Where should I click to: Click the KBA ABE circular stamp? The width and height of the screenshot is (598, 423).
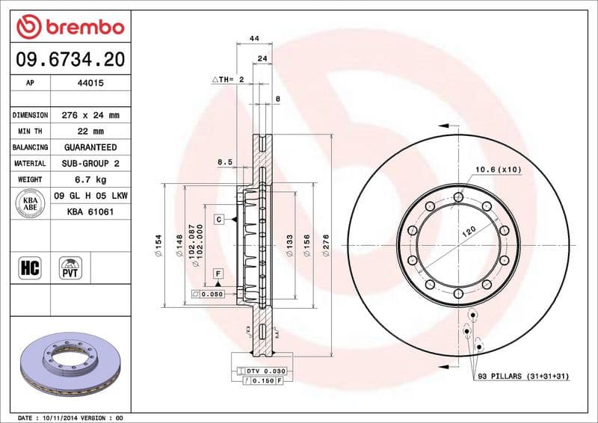30,204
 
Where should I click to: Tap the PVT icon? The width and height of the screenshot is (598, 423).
70,267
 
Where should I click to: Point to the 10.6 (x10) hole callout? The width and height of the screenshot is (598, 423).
498,170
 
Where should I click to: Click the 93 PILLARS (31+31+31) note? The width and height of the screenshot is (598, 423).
523,376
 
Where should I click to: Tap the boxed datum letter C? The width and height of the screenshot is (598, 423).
219,219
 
